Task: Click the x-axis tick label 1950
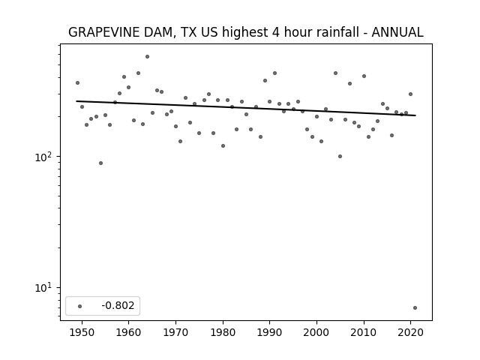[82, 332]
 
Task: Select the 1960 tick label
[128, 332]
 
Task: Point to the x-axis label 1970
[175, 332]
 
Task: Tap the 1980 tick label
[223, 332]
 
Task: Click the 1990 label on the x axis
[270, 332]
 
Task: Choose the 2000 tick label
[316, 332]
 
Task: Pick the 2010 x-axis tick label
[364, 332]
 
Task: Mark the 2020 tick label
[411, 332]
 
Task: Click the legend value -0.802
[118, 305]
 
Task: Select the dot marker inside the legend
[79, 306]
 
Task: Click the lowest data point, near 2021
[415, 308]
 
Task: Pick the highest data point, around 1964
[147, 57]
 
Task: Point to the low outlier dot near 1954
[100, 163]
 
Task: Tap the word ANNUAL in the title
[397, 32]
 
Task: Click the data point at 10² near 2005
[340, 157]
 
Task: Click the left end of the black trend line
[76, 101]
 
